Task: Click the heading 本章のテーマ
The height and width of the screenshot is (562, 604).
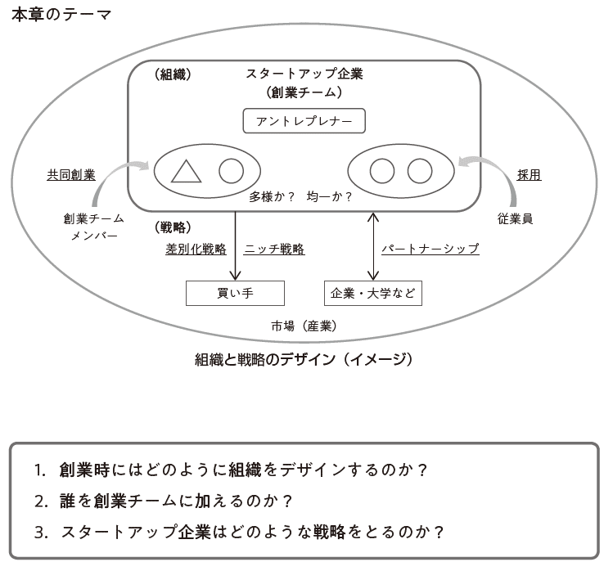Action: [61, 15]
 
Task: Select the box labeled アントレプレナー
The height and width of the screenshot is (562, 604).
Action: [304, 121]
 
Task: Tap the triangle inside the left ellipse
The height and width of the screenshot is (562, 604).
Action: [186, 171]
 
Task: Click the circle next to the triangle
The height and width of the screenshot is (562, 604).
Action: [231, 171]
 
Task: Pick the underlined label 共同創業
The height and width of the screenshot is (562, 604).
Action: [71, 175]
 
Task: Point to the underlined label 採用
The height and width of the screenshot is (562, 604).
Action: [529, 175]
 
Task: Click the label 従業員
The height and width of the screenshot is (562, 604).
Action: [515, 218]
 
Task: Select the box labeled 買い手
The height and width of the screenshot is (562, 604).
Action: [235, 294]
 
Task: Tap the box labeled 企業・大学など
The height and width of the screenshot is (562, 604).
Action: [373, 294]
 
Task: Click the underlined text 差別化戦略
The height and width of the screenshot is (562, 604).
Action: [196, 249]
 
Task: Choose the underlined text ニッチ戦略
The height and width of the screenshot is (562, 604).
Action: [274, 249]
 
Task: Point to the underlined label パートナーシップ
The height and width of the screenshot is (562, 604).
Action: [430, 249]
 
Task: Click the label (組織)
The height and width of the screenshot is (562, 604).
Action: [173, 74]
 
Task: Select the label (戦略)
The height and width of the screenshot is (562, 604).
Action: [173, 227]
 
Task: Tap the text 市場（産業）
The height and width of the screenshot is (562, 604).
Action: [304, 326]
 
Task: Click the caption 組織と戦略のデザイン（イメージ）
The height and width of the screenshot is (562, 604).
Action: [304, 359]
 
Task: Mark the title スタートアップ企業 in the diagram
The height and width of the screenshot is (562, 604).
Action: [304, 73]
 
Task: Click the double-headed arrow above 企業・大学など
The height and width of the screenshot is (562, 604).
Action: [373, 246]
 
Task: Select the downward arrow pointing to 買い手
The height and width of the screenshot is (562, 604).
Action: [235, 245]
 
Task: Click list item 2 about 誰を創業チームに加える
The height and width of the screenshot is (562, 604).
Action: [164, 501]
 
